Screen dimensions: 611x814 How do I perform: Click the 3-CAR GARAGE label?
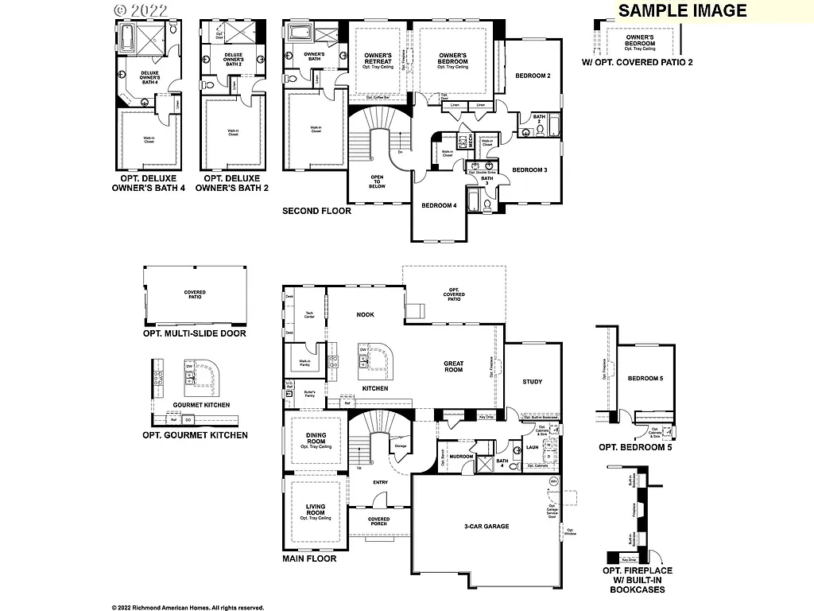486,527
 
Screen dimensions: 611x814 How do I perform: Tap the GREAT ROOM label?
453,367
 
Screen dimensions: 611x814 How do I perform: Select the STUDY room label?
532,382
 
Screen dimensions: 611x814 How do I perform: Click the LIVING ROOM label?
316,510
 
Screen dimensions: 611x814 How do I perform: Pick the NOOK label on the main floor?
365,315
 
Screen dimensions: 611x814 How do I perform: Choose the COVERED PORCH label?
379,522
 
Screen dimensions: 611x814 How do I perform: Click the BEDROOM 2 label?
533,76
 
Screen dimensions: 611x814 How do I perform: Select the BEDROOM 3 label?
529,170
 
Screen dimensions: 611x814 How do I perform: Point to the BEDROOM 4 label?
439,205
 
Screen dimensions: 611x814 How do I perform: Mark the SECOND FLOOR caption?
316,212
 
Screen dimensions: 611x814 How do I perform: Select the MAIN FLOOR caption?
309,558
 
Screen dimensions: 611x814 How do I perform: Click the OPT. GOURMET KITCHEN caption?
195,435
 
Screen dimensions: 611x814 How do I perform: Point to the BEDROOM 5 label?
645,379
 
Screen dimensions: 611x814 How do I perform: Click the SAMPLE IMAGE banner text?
682,10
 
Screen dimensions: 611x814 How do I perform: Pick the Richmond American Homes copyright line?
188,607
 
